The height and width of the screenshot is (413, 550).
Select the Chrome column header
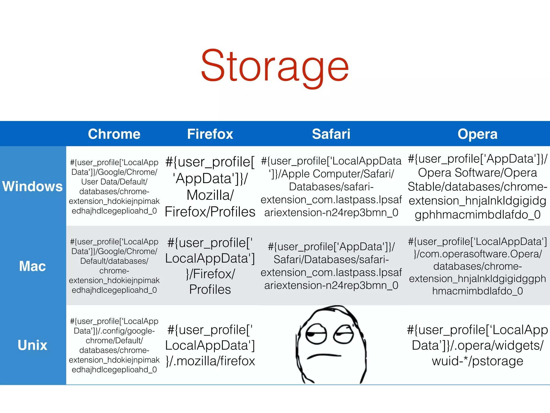(x=114, y=134)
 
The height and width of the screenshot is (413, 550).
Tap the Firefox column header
(x=210, y=134)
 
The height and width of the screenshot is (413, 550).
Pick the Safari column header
(x=331, y=134)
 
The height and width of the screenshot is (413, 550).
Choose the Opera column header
(x=477, y=134)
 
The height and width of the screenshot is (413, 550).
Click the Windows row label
(x=32, y=186)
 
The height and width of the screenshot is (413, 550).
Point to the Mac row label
(x=32, y=266)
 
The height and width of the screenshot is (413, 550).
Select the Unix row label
(x=32, y=345)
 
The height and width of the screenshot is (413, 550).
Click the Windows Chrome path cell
(x=114, y=187)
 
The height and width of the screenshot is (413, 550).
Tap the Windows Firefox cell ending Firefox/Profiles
(x=210, y=187)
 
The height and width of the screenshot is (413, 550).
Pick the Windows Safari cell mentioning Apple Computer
(x=331, y=187)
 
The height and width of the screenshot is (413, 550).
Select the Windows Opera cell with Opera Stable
(x=477, y=187)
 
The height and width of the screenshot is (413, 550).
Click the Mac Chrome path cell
(x=114, y=266)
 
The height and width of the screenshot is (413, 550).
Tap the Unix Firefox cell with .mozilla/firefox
(x=210, y=345)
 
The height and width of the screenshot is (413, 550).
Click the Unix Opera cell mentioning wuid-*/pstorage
(x=477, y=345)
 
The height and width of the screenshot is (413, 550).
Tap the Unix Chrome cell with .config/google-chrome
(x=114, y=345)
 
